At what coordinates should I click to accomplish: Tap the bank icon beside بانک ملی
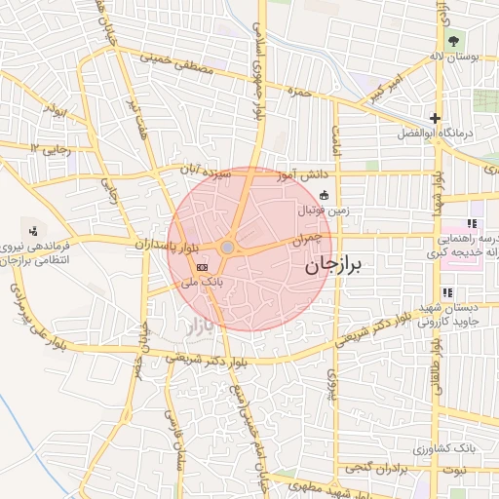(x=202, y=266)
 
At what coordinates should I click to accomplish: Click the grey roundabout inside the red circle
(x=227, y=249)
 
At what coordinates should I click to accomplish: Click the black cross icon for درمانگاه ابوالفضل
(x=436, y=119)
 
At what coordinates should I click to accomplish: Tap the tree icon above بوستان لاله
(x=451, y=41)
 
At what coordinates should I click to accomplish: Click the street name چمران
(x=306, y=237)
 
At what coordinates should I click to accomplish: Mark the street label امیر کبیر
(x=381, y=93)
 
